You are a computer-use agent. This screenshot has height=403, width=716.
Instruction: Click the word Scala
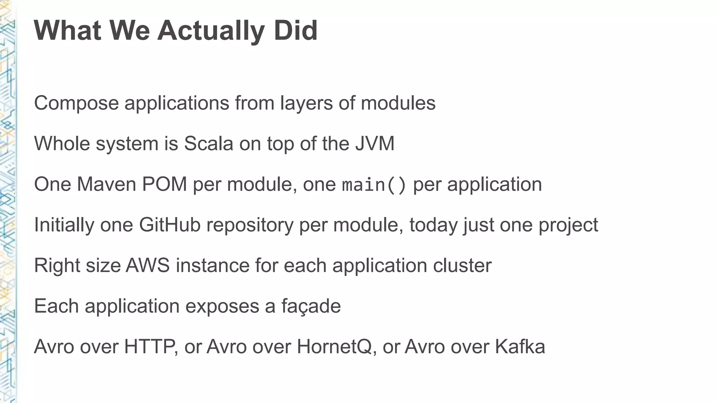click(x=208, y=144)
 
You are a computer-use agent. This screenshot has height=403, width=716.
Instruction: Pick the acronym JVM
click(x=375, y=144)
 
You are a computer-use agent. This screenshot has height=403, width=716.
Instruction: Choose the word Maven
click(x=106, y=184)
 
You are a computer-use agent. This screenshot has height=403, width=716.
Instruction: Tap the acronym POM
click(x=164, y=184)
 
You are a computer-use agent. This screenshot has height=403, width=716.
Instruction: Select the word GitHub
click(x=170, y=225)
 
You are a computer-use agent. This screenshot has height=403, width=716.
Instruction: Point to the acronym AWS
click(x=148, y=266)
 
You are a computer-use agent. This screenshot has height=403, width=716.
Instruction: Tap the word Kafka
click(x=520, y=347)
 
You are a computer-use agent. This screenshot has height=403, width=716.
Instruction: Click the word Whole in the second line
click(x=62, y=144)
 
